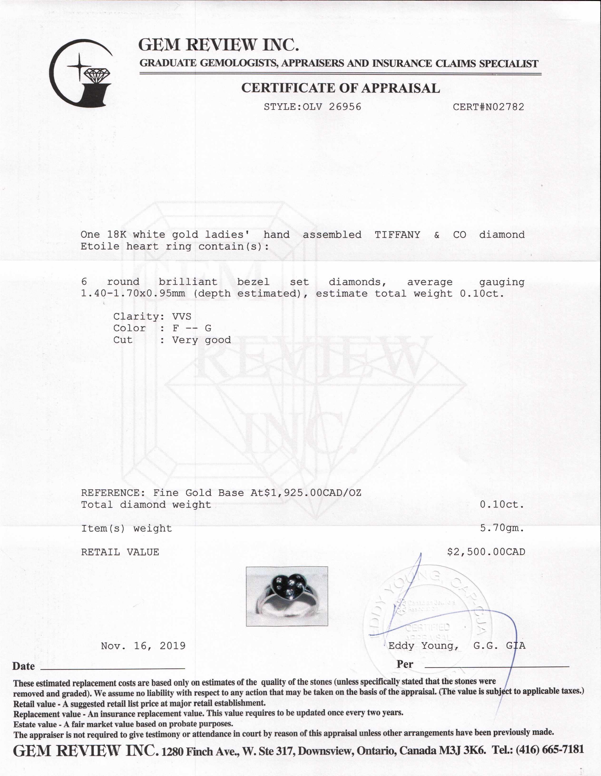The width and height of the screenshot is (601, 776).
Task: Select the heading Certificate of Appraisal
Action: tap(340, 88)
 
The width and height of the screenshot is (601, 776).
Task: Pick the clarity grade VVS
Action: tap(181, 316)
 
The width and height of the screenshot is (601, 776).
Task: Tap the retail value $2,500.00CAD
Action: tap(486, 552)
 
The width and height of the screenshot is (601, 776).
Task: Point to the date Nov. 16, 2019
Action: tap(143, 646)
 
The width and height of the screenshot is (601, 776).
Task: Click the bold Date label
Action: tap(24, 666)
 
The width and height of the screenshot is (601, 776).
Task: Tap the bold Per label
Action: tap(405, 664)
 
